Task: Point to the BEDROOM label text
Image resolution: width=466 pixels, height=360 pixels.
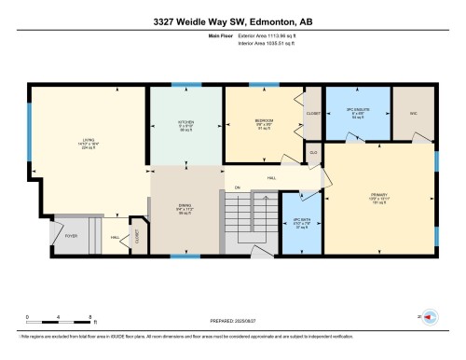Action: [x=264, y=121]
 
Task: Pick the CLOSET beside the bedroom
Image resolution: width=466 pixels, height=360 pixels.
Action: [x=312, y=113]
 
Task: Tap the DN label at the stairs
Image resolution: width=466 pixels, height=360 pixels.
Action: [x=238, y=188]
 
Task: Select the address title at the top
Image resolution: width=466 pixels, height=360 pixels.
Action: [x=232, y=22]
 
